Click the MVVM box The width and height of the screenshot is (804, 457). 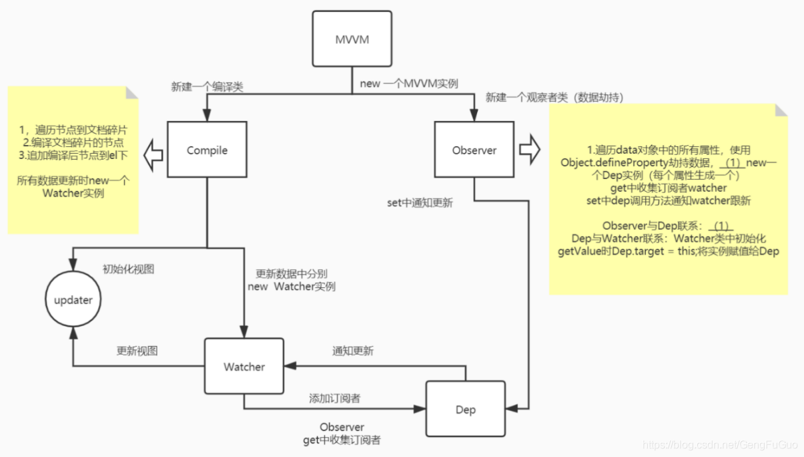pyautogui.click(x=352, y=39)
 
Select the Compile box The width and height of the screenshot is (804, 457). pyautogui.click(x=207, y=150)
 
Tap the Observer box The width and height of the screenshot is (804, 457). pyautogui.click(x=474, y=150)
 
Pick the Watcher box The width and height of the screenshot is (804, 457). pyautogui.click(x=244, y=367)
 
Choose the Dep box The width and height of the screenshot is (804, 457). pyautogui.click(x=465, y=410)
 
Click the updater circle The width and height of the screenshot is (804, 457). pyautogui.click(x=73, y=300)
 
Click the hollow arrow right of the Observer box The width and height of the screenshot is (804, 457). pyautogui.click(x=530, y=150)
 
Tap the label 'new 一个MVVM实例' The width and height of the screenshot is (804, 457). pyautogui.click(x=408, y=84)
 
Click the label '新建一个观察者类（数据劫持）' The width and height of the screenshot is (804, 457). pyautogui.click(x=554, y=98)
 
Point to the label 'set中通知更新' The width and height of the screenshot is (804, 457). pyautogui.click(x=420, y=202)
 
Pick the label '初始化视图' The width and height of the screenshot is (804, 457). pyautogui.click(x=128, y=269)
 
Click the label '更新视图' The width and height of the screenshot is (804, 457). pyautogui.click(x=137, y=351)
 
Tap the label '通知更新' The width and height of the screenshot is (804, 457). pyautogui.click(x=353, y=351)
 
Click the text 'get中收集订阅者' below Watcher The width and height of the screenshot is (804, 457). pyautogui.click(x=342, y=440)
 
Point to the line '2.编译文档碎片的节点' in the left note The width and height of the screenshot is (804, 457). pyautogui.click(x=73, y=142)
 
